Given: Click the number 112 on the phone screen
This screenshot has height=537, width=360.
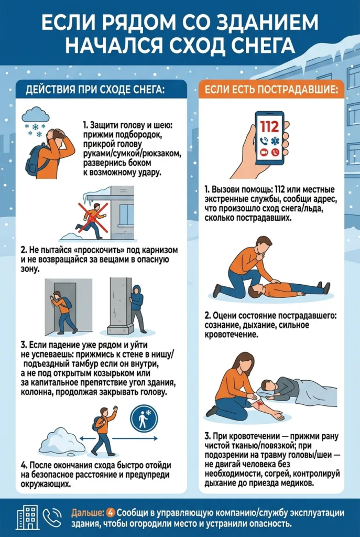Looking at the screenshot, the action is pos(269,127).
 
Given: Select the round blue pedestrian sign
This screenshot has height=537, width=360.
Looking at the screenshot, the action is pos(144,419).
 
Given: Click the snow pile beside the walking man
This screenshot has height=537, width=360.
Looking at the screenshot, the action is pos(62,440).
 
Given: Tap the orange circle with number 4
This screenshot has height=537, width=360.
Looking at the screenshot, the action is pos(111,513).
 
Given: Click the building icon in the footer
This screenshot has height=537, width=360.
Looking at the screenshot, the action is pos(27,517).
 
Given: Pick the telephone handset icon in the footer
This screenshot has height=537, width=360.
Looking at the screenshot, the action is pos(52,517).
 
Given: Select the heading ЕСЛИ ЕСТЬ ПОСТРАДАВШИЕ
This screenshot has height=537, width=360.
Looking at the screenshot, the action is pos(271,90).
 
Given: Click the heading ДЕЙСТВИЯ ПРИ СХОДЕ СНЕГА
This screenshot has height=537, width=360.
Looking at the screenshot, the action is pos(95,90).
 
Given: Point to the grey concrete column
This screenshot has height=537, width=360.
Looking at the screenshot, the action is pos(121,306).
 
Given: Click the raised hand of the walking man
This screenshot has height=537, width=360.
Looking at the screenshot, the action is pos(115,409).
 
